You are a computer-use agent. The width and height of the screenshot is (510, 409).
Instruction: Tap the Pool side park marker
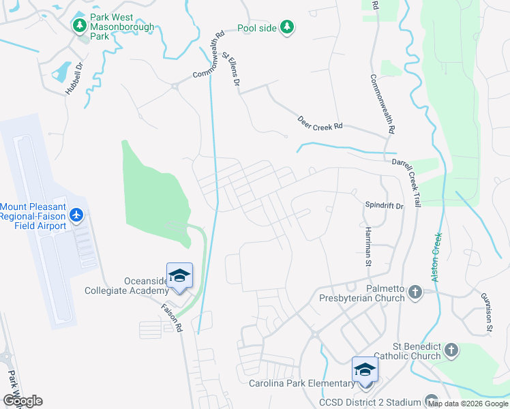[x=288, y=27]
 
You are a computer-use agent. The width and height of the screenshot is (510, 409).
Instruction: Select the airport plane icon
[x=76, y=215]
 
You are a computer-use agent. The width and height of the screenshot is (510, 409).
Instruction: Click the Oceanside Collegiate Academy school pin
[x=179, y=275]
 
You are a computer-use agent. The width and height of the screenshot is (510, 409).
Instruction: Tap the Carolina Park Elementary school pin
[x=365, y=370]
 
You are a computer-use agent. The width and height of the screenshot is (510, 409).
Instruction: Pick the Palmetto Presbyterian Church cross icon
[x=415, y=294]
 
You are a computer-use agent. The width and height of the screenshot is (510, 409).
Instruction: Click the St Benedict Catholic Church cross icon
[x=450, y=350]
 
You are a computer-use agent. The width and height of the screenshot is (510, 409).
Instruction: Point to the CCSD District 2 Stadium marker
[x=430, y=400]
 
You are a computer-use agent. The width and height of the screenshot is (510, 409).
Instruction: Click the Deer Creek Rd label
[x=320, y=123]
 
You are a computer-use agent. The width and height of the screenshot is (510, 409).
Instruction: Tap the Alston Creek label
[x=436, y=257]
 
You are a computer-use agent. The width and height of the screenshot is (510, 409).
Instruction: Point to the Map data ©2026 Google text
[x=467, y=404]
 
